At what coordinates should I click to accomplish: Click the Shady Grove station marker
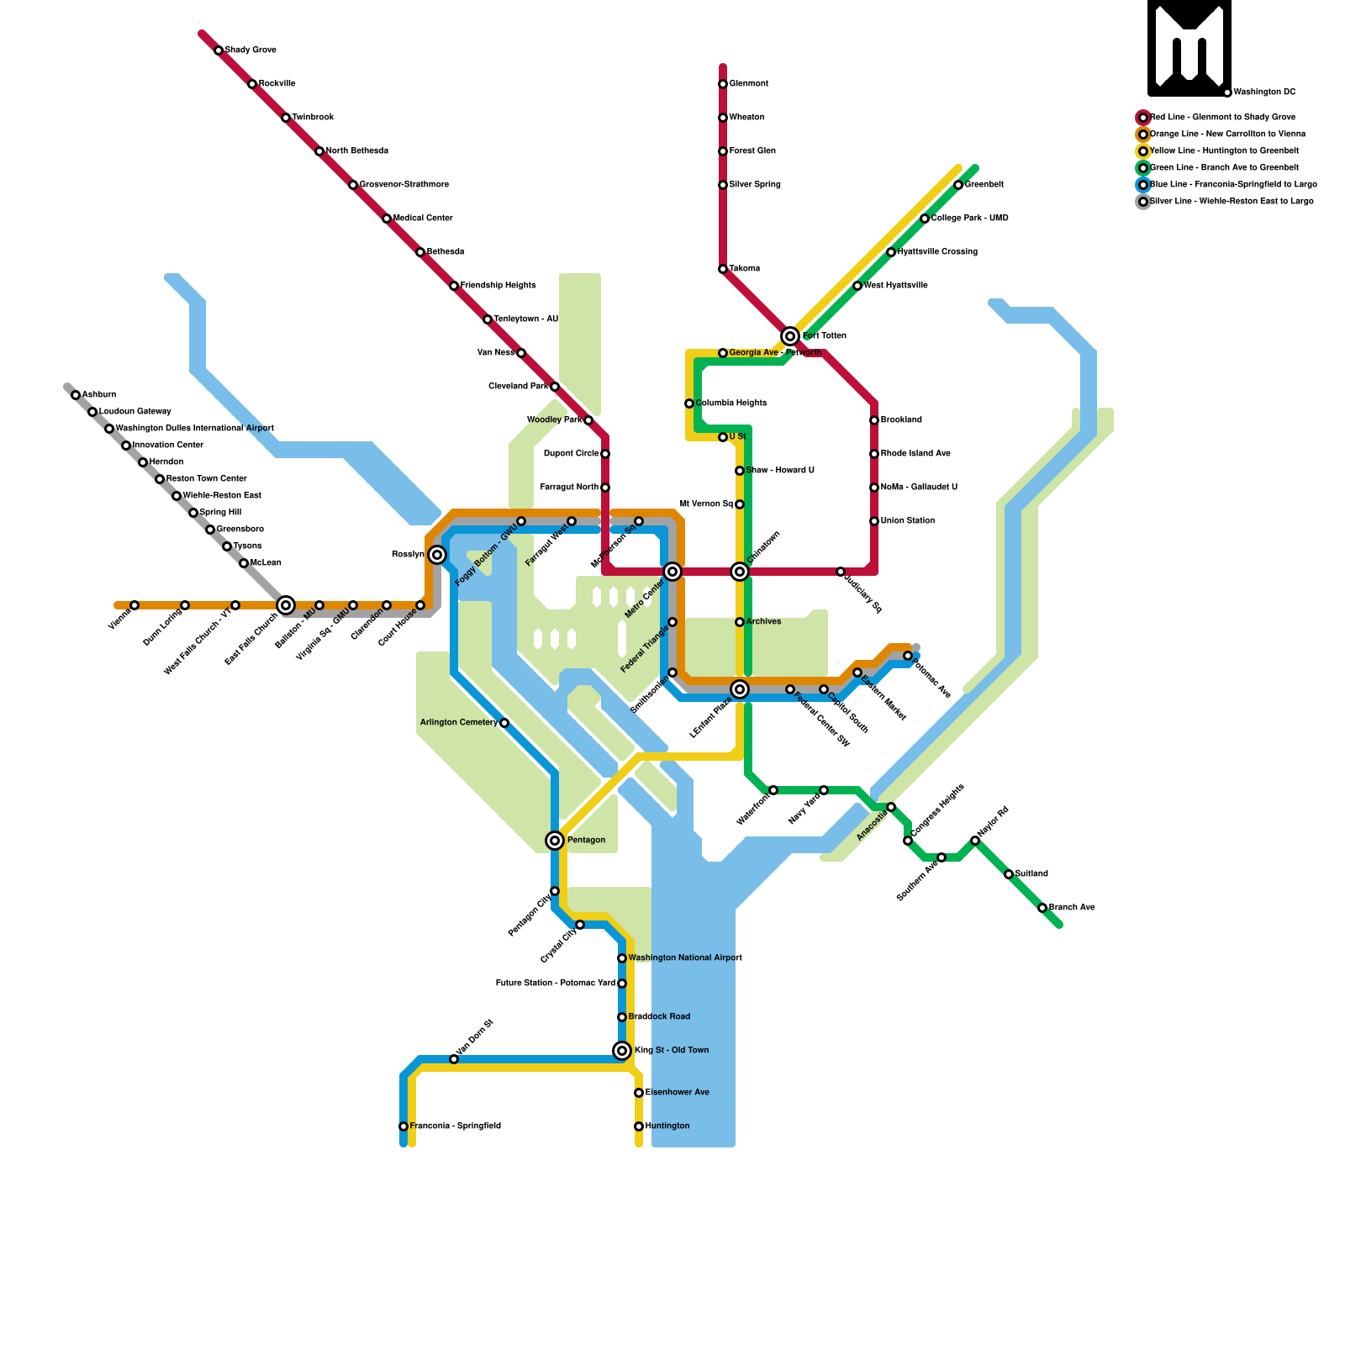click(x=219, y=50)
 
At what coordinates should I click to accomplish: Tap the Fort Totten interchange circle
click(x=790, y=336)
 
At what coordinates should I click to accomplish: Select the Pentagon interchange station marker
click(x=555, y=841)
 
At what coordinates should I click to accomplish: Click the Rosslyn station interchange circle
click(x=437, y=555)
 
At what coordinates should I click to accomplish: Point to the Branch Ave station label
click(x=1072, y=908)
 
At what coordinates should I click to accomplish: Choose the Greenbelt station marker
click(x=958, y=185)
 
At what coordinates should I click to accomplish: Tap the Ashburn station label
click(x=99, y=395)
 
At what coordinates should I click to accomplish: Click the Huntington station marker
click(x=639, y=1126)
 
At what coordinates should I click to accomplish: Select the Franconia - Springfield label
click(x=455, y=1126)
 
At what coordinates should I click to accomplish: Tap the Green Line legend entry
click(x=1223, y=168)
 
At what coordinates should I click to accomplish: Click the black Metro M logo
click(x=1189, y=48)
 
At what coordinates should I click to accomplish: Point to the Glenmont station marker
click(x=723, y=84)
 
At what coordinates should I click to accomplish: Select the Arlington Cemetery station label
click(x=459, y=723)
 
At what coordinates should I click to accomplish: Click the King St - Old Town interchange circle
click(x=622, y=1051)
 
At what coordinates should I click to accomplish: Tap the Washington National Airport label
click(x=685, y=958)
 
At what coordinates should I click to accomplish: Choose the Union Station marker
click(x=874, y=521)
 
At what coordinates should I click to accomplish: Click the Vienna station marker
click(x=134, y=605)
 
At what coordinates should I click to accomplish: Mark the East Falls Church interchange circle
click(x=286, y=605)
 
